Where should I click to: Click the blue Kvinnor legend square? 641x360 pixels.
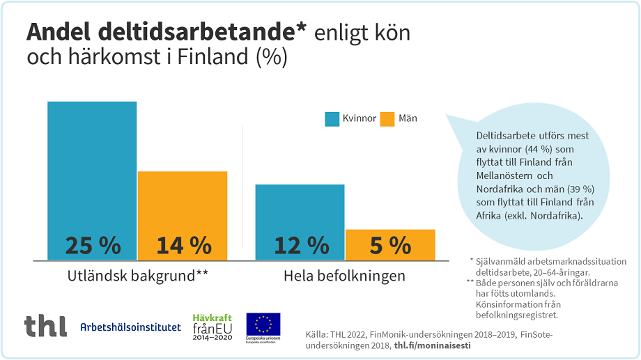332,118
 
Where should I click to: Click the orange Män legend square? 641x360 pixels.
387,118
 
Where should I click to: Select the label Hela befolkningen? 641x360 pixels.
344,276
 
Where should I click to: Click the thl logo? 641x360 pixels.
45,326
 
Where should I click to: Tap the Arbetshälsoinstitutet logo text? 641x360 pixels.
130,327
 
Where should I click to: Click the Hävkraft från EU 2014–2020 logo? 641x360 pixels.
211,325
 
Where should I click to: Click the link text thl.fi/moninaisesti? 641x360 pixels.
432,345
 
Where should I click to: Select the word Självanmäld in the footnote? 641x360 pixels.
499,261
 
